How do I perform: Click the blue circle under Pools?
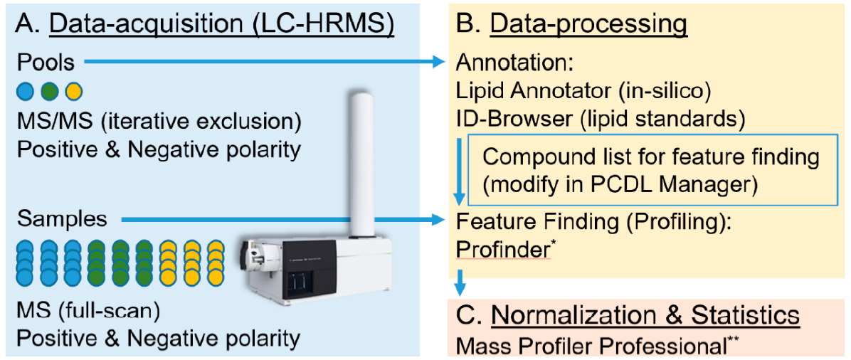point(25,92)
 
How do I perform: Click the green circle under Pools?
point(49,92)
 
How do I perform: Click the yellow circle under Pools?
point(73,92)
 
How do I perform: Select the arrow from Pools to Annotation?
point(263,63)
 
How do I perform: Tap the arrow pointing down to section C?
point(461,281)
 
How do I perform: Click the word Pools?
point(46,63)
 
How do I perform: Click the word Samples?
point(62,219)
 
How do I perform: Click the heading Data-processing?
point(588,25)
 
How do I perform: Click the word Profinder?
point(501,250)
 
